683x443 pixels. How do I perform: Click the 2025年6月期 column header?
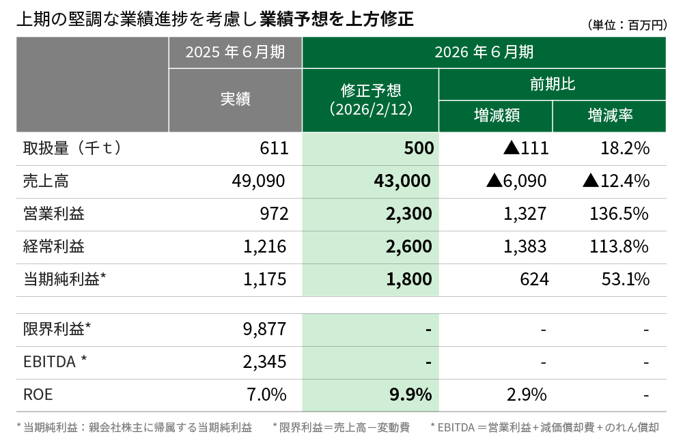pyautogui.click(x=235, y=53)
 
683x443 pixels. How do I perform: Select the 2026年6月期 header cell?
pyautogui.click(x=484, y=53)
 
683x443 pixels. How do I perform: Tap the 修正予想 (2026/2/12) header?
pyautogui.click(x=370, y=100)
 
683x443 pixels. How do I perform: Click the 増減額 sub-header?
pyautogui.click(x=496, y=115)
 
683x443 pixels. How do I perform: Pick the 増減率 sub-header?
pyautogui.click(x=609, y=115)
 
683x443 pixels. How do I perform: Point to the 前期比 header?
pyautogui.click(x=552, y=84)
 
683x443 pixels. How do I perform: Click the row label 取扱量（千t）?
pyautogui.click(x=72, y=148)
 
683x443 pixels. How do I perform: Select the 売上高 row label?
pyautogui.click(x=46, y=181)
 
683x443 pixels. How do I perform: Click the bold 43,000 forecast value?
pyautogui.click(x=403, y=181)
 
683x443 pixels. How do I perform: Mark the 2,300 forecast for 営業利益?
pyautogui.click(x=408, y=214)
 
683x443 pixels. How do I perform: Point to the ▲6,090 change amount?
pyautogui.click(x=516, y=181)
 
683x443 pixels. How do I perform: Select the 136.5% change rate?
pyautogui.click(x=618, y=214)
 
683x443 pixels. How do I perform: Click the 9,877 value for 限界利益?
pyautogui.click(x=266, y=330)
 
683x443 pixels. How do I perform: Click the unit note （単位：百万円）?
pyautogui.click(x=626, y=25)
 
